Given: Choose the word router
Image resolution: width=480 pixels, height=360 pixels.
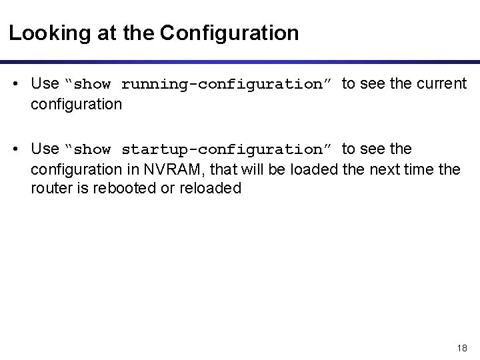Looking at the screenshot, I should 49,189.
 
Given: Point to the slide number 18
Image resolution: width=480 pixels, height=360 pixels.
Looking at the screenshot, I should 462,349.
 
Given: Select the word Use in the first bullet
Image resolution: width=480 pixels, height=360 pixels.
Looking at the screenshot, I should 45,84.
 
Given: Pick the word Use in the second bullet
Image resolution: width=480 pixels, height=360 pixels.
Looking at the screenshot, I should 45,148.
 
